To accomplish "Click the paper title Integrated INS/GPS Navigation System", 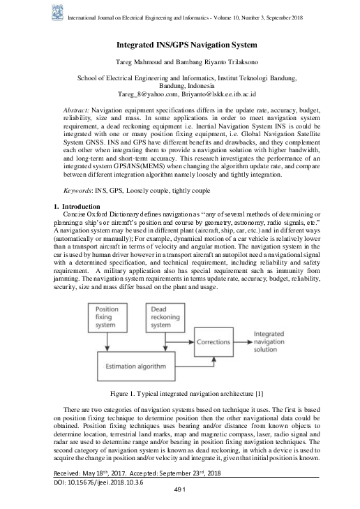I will (179, 44).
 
